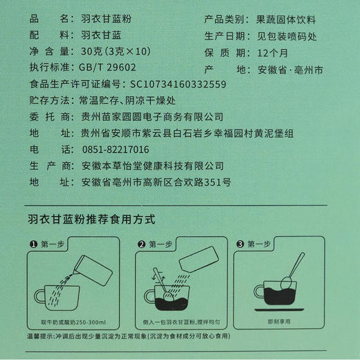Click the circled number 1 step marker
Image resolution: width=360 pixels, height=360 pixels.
[32, 244]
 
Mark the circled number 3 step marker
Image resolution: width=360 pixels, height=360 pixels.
[240, 244]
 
